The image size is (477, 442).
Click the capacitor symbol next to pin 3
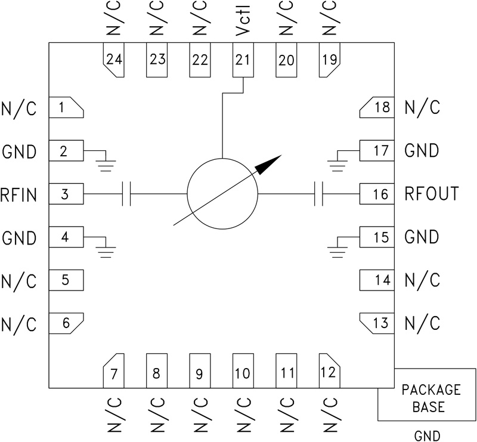126,194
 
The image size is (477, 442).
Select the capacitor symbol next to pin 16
318,194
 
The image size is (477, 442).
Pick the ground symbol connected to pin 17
337,163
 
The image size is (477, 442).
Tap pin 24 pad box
113,60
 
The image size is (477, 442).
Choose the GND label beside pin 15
422,237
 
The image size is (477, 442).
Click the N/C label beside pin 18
422,108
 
